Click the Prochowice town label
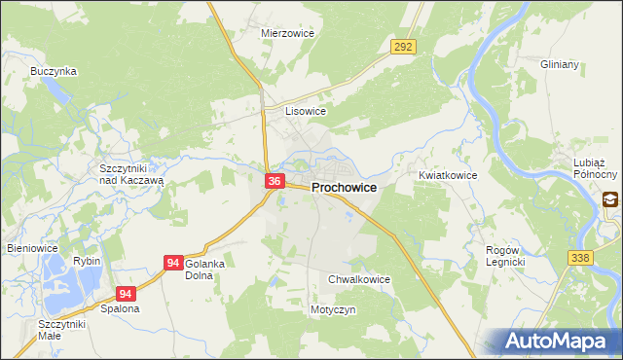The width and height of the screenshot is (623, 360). coord(344,187)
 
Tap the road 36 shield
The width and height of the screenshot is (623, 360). coord(275,181)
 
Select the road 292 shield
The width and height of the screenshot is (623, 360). coord(404,47)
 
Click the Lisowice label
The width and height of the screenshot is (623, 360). coord(305,111)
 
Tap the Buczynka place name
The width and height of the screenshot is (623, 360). coord(54,71)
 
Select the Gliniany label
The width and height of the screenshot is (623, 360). coord(560,64)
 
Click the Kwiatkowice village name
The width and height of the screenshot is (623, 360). coord(447,175)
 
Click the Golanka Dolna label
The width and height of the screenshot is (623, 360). coord(204,270)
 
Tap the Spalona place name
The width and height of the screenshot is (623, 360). coord(120,308)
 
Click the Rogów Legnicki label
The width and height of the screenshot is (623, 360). coord(505,256)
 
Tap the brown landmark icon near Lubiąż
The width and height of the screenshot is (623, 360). coord(610,199)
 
